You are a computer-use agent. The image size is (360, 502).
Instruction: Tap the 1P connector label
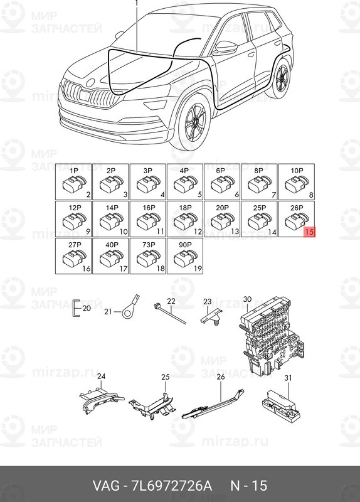pos(73,171)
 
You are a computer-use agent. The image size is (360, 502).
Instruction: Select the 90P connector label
pos(185,245)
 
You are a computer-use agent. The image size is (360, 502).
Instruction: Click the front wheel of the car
pos(194,122)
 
